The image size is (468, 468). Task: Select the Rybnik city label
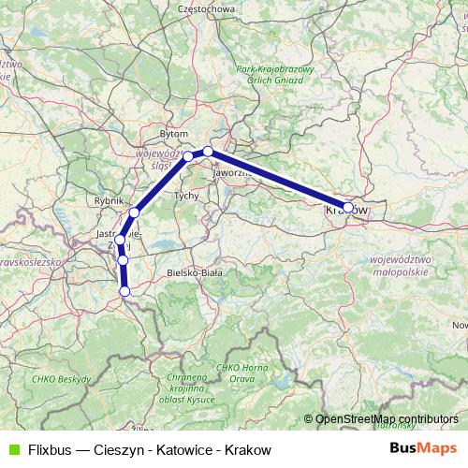click(110, 200)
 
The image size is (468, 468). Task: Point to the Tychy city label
click(187, 196)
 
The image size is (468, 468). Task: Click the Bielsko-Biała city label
click(194, 272)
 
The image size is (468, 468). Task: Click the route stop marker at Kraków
click(348, 208)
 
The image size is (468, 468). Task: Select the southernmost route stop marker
click(124, 291)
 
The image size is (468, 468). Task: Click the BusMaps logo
click(423, 449)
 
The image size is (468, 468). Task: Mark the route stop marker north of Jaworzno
click(209, 152)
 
